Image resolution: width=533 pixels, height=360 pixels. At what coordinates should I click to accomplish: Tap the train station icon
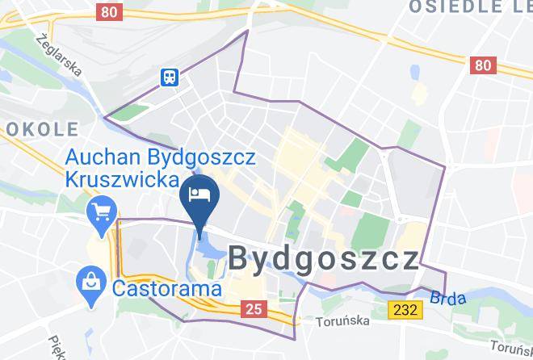[170, 77]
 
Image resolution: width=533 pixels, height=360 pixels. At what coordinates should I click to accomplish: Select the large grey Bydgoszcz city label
[324, 260]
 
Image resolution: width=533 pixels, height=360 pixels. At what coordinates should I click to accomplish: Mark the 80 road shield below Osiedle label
[484, 65]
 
